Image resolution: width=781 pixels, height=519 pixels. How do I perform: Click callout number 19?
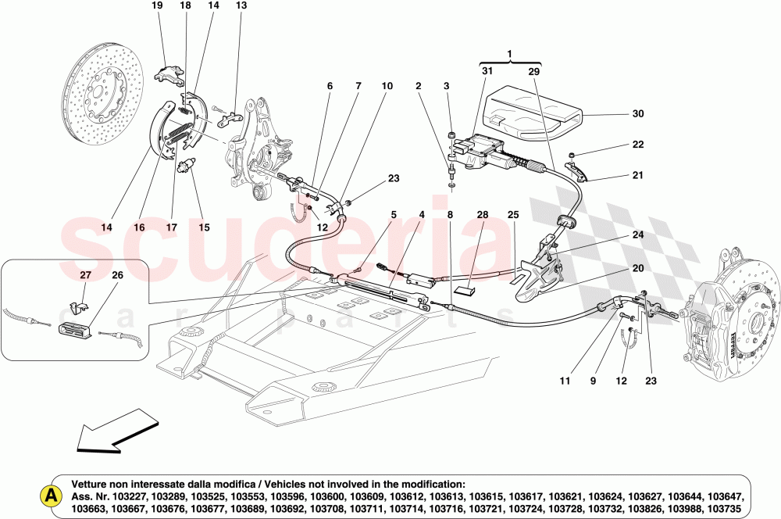click(x=156, y=5)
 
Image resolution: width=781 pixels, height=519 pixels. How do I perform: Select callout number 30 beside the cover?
click(x=638, y=113)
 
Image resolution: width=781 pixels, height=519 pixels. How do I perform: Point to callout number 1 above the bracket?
click(x=510, y=55)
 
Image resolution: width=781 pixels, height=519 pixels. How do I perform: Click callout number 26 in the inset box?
click(x=117, y=274)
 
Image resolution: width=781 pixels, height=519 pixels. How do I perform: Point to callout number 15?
click(x=204, y=227)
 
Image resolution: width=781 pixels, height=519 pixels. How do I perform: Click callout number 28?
click(x=482, y=214)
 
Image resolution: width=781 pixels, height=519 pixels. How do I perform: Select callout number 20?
click(x=638, y=268)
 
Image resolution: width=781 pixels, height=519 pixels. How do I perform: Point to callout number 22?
click(x=638, y=145)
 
